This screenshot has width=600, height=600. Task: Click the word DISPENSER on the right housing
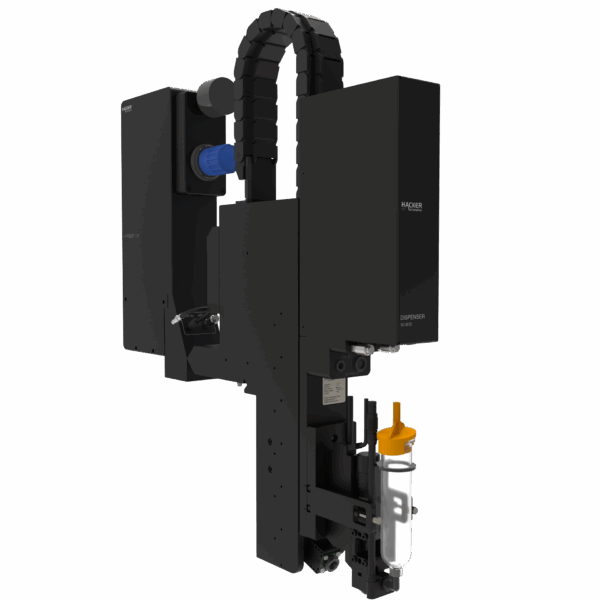pyautogui.click(x=413, y=317)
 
